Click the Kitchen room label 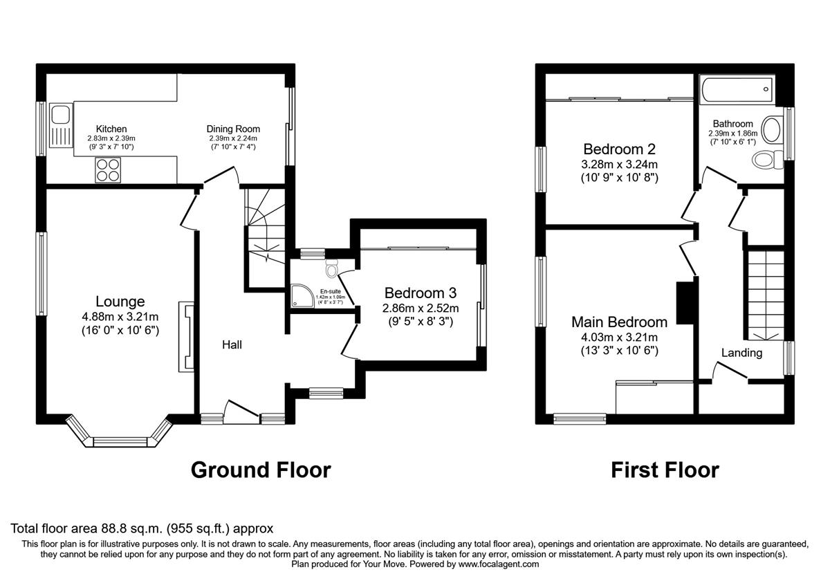111,129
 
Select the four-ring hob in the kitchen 107,170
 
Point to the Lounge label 120,302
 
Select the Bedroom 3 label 421,293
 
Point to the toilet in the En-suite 331,267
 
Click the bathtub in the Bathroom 737,89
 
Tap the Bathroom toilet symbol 766,160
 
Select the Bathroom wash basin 775,127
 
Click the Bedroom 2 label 619,149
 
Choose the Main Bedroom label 619,322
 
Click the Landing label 741,353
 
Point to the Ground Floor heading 260,470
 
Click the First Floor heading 665,470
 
